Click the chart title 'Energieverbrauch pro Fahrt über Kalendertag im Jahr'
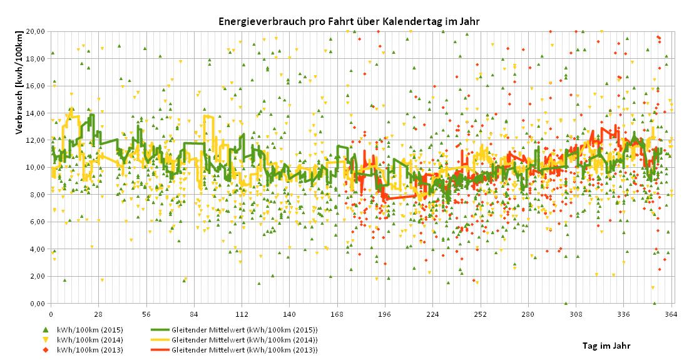(349, 21)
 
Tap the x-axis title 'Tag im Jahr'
(605, 345)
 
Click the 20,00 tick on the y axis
(35, 31)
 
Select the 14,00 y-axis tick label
(35, 113)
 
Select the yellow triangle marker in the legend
(45, 339)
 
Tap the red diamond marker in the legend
(45, 349)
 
